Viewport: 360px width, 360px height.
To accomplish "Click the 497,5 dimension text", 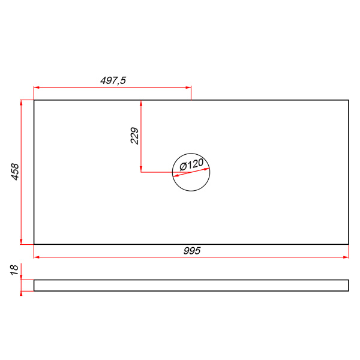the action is (x=113, y=80).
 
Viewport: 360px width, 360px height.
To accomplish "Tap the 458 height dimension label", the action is (x=15, y=172).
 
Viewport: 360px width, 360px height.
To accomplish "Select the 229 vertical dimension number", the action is (x=134, y=136).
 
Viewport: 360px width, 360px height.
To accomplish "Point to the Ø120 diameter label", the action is (x=191, y=164).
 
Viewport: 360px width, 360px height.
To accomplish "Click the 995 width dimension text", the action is (x=192, y=251).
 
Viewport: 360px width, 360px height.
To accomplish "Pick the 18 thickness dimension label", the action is (x=14, y=270).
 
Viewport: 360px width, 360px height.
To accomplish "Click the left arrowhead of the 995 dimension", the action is (x=37, y=257).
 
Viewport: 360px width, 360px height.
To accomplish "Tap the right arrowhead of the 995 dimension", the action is (x=346, y=257).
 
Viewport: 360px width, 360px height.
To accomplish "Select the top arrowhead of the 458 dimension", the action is (x=21, y=103).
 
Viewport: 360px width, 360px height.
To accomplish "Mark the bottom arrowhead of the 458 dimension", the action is (x=21, y=241).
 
